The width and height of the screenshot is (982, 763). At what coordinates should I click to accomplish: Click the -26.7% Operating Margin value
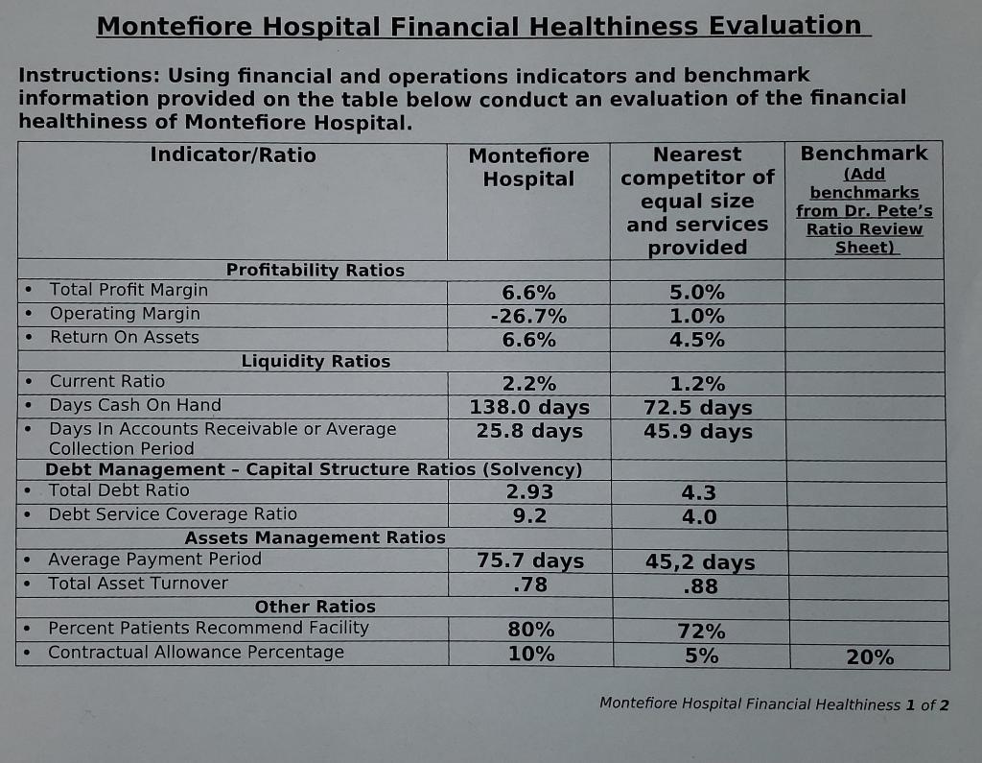click(528, 317)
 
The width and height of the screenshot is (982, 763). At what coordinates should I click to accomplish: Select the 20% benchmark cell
click(870, 657)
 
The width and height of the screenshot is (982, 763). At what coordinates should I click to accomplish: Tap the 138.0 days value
click(529, 407)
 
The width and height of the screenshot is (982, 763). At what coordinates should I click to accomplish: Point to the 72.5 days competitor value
click(697, 408)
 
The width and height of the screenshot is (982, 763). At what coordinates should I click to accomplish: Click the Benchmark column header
click(864, 154)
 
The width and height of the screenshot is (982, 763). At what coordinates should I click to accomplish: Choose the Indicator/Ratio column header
click(233, 155)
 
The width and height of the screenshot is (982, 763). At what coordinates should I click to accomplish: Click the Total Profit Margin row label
click(129, 289)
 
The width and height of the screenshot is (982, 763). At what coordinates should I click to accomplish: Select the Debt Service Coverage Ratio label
click(173, 514)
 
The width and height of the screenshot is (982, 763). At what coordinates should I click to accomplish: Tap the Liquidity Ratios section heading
click(316, 362)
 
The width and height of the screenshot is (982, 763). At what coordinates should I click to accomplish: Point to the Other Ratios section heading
click(315, 607)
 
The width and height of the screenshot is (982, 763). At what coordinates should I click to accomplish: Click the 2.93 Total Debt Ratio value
click(529, 492)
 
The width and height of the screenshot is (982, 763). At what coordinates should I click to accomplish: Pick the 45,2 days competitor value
click(699, 562)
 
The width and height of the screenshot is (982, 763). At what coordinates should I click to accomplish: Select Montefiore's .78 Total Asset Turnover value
click(529, 584)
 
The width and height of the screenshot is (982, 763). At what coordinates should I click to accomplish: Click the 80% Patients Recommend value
click(530, 631)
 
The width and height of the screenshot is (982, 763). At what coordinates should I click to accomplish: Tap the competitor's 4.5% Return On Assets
click(697, 340)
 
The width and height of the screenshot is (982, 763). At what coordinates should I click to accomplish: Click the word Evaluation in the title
click(784, 26)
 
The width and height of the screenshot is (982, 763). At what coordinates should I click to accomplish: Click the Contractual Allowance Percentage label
click(196, 653)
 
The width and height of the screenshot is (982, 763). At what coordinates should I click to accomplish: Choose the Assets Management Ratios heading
click(315, 537)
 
